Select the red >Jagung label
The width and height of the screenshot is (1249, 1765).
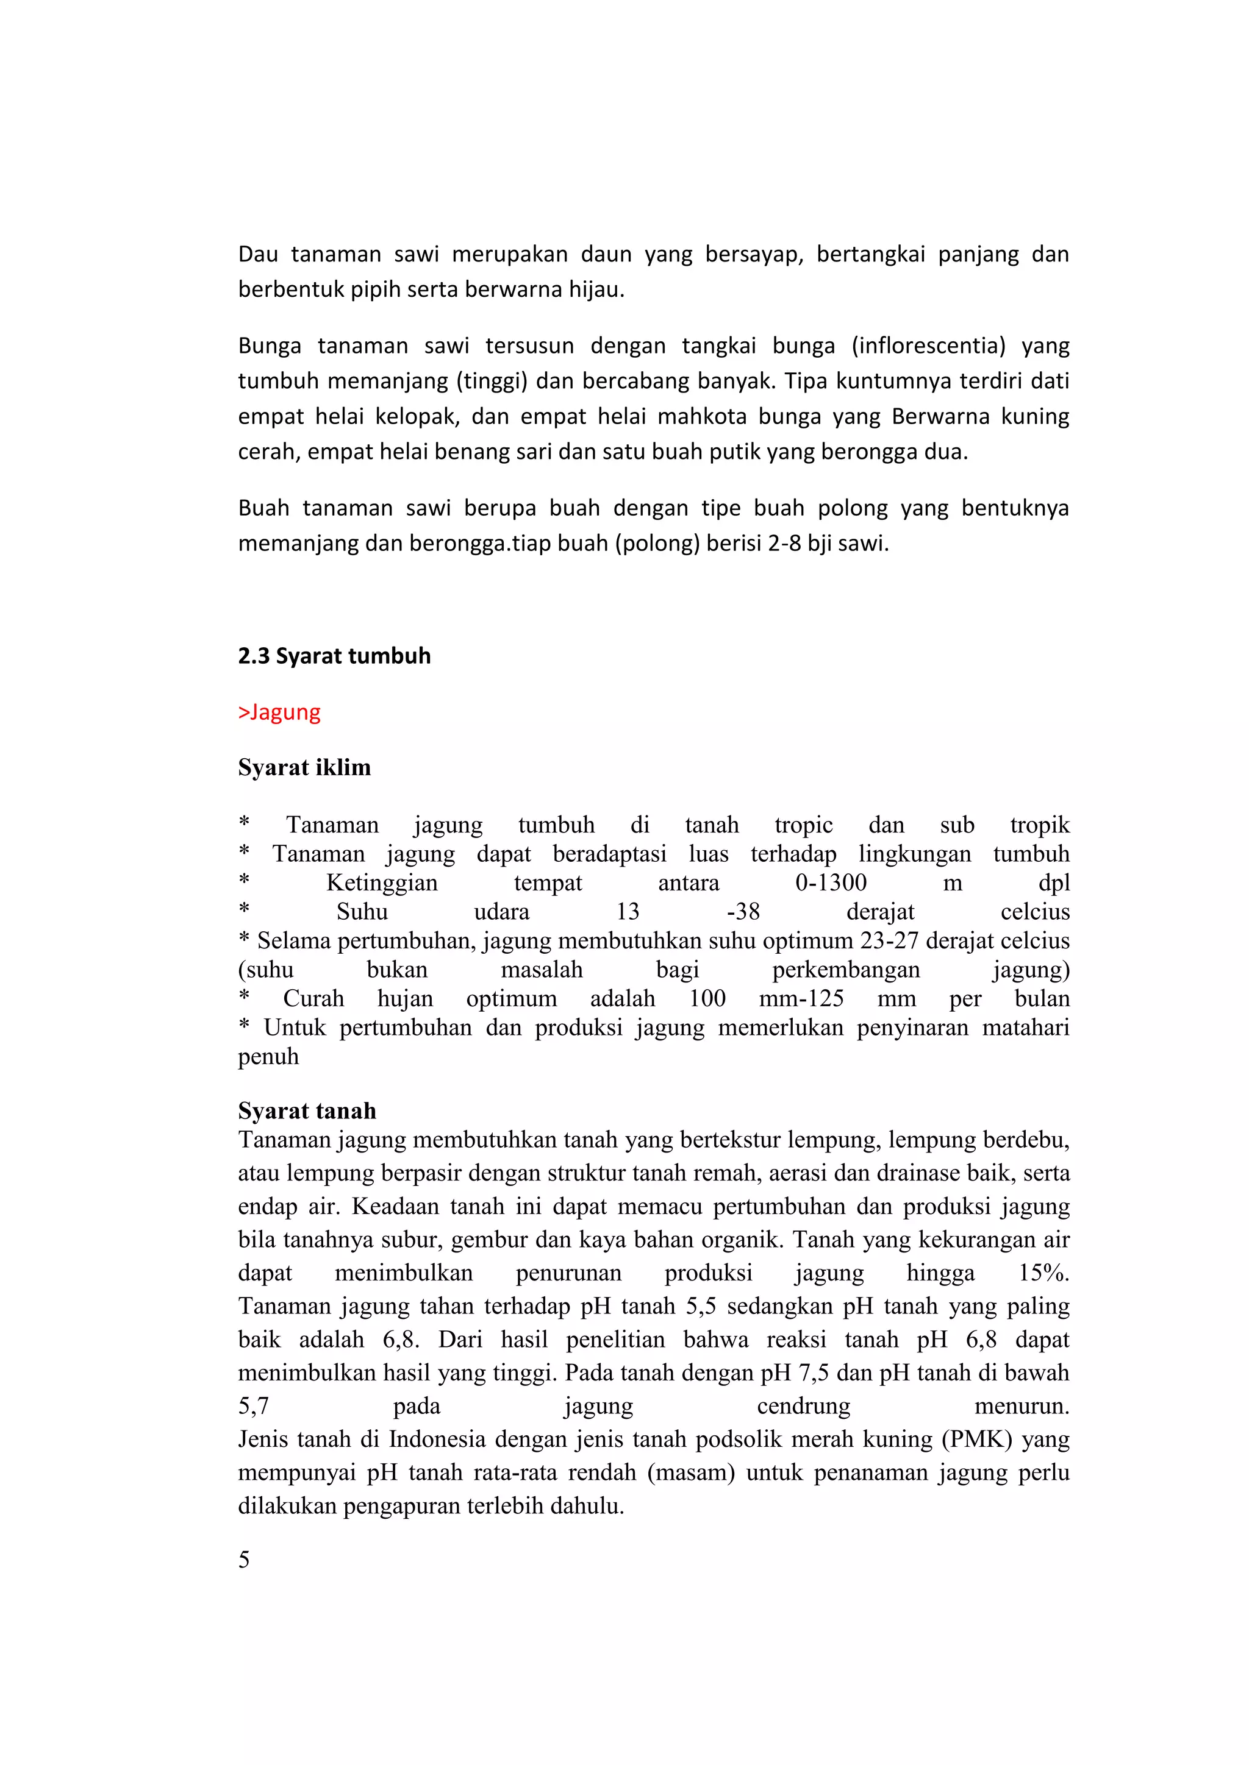279,712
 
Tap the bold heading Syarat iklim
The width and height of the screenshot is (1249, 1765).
304,767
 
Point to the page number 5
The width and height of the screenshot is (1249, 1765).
244,1559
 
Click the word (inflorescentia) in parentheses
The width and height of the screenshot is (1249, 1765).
928,346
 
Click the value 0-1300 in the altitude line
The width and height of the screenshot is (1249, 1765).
831,883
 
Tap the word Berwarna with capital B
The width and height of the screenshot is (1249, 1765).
940,417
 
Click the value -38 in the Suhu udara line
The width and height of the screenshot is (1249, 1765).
743,912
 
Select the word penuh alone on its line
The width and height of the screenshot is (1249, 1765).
268,1056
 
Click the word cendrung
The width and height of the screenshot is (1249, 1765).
803,1406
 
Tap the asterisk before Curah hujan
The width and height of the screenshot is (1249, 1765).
244,997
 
